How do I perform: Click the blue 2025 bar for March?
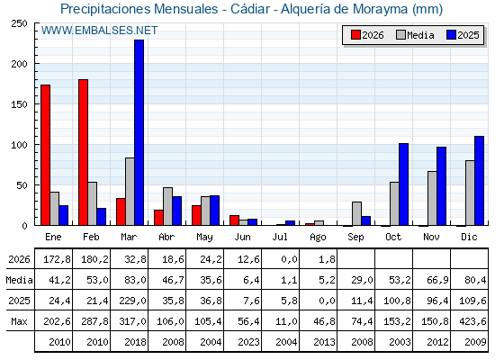coord(139,132)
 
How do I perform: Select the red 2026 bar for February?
coord(83,152)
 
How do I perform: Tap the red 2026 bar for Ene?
coord(45,155)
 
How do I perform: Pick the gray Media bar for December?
coord(470,193)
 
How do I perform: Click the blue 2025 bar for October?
coord(404,184)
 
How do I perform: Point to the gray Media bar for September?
coord(356,214)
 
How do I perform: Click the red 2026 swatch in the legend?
coord(355,35)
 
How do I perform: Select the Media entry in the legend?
coord(415,35)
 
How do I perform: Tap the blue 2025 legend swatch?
coord(451,35)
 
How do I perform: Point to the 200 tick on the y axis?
coord(36,64)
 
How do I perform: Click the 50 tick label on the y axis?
coord(22,185)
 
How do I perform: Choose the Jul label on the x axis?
coord(280,237)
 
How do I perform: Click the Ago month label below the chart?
coord(318,238)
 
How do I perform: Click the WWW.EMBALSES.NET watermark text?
coord(99,31)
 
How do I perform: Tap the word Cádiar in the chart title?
coord(250,9)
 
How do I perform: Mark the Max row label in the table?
coord(19,321)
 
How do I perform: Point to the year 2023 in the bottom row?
coord(248,342)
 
